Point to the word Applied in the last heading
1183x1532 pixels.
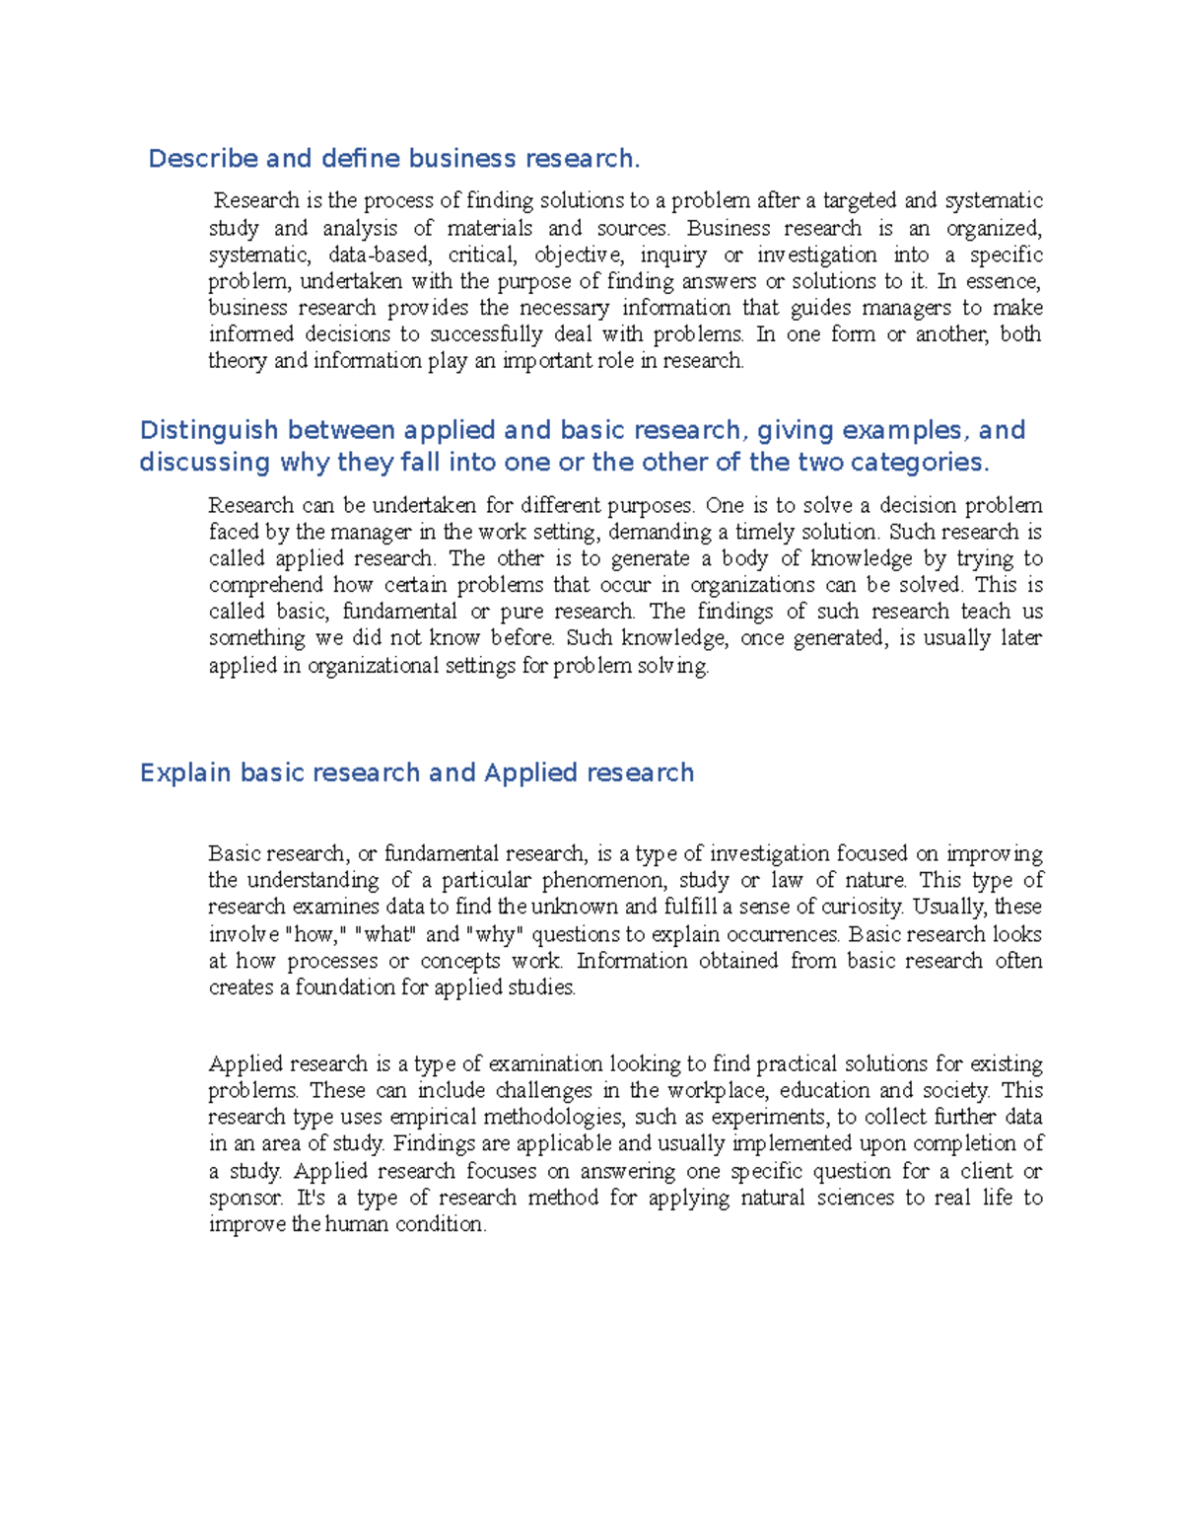pyautogui.click(x=530, y=773)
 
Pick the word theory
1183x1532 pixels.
pyautogui.click(x=238, y=361)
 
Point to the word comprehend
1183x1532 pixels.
pyautogui.click(x=265, y=586)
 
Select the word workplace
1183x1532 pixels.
pyautogui.click(x=719, y=1091)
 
